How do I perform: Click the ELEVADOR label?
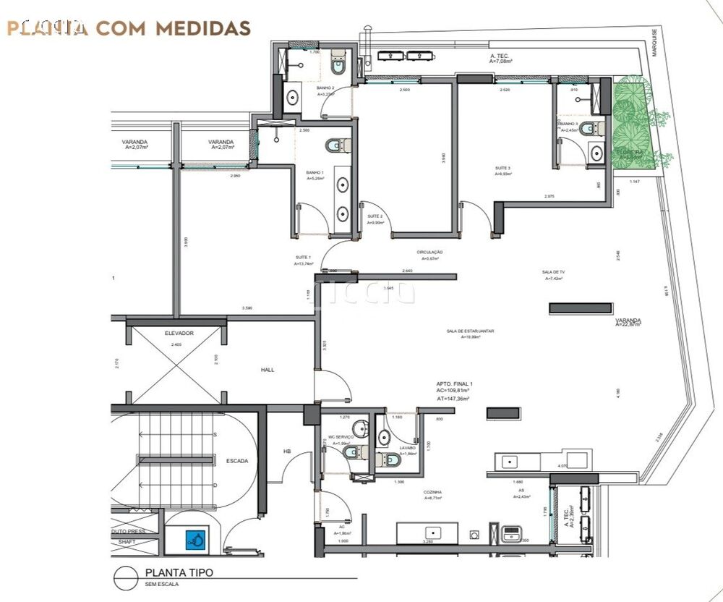pos(179,334)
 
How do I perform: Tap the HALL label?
pos(268,370)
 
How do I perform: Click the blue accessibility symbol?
pos(195,538)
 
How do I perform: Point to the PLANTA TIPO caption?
pos(179,572)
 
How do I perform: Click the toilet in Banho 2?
pos(338,67)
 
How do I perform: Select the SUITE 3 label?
pos(503,169)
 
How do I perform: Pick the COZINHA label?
pos(434,492)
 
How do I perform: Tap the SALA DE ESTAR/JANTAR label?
pos(471,331)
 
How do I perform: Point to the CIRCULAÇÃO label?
pos(429,253)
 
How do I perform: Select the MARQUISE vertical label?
pos(654,43)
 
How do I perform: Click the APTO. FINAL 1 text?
pos(454,383)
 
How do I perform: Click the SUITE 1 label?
pos(302,258)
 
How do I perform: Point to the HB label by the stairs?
pos(287,451)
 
